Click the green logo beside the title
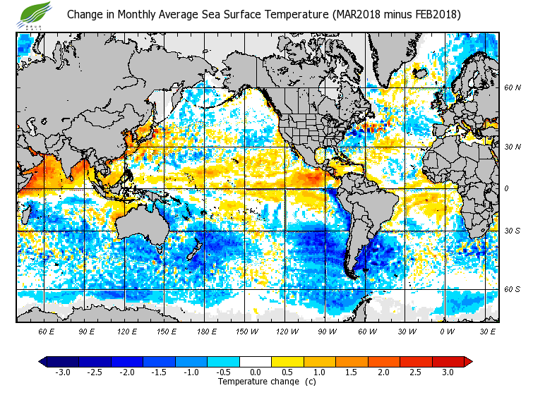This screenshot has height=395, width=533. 35,13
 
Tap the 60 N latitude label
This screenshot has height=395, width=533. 513,88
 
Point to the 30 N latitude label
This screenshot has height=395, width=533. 513,147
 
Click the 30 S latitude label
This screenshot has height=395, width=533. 513,231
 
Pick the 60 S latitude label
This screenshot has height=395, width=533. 513,289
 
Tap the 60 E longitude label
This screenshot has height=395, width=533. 47,331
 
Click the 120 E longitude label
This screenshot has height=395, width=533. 127,331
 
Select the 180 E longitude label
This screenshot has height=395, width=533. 206,331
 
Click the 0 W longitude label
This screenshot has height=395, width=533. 446,331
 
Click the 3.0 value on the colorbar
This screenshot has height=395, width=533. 447,372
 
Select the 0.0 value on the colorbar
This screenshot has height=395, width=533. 256,372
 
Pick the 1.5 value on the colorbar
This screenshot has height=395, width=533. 351,372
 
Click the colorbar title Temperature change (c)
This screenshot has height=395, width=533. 267,382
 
